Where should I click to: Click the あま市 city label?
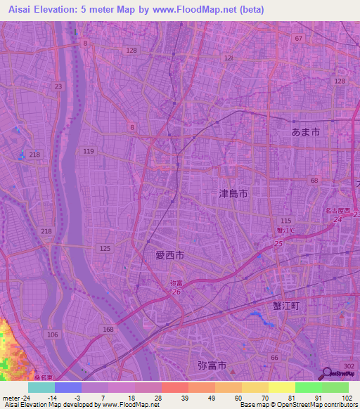tap(306, 131)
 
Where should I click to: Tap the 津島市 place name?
tap(233, 193)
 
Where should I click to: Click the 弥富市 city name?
tap(212, 365)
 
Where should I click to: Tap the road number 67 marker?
tap(299, 39)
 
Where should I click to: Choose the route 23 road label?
tap(58, 86)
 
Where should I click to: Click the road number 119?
tap(89, 152)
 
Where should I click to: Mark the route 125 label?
tap(105, 249)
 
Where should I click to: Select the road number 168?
tap(108, 329)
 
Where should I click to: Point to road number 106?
tap(53, 335)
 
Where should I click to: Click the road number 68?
tap(314, 181)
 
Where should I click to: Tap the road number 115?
tap(285, 221)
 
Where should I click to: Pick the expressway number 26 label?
tap(176, 292)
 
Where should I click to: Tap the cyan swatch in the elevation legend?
tap(41, 387)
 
